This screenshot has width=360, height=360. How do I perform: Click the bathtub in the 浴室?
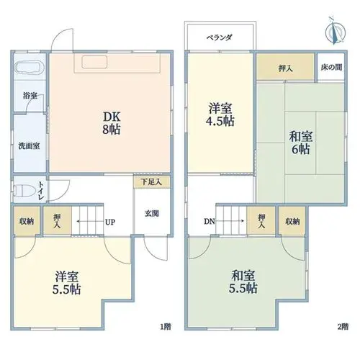point(29,68)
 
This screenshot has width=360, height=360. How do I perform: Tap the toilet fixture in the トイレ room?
point(24,191)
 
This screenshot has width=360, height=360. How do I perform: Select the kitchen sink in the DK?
point(94,62)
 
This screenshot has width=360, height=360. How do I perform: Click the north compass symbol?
point(335,32)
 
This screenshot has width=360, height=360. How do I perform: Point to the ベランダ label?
point(220,37)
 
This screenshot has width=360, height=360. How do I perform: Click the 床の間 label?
point(331,67)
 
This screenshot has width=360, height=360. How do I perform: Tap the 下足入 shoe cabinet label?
point(151,181)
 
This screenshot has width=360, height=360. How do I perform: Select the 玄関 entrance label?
point(152,213)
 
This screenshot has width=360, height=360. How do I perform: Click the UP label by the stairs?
point(110,222)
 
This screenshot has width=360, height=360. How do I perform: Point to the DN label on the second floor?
point(210,222)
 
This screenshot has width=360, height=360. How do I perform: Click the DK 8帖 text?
point(112,123)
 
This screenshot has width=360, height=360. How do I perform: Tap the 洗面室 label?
point(29,146)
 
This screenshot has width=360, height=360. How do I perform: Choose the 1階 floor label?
point(166,326)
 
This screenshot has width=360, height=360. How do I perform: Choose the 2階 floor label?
point(343,326)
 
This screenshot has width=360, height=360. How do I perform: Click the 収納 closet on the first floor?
point(27,221)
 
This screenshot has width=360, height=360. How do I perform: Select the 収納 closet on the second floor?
point(292,221)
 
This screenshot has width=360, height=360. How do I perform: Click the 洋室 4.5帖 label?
point(220,114)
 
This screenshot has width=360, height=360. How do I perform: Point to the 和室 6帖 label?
point(301,143)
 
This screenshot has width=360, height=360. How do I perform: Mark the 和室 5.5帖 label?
point(243,282)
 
